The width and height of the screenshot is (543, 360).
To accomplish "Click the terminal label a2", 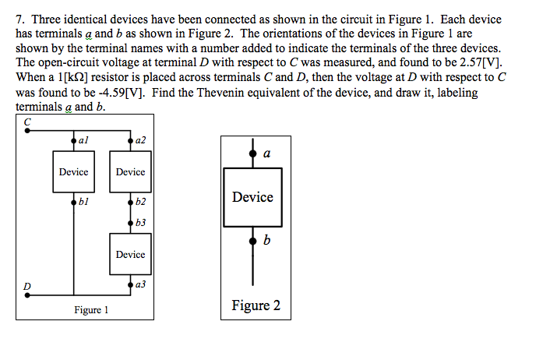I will coord(140,140).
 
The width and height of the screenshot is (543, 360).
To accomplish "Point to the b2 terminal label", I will coord(140,202).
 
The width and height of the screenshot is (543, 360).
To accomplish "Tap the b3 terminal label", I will coord(140,223).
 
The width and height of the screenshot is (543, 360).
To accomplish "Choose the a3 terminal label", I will coord(140,285).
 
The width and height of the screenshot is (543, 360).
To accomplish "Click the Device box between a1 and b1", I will coord(74,171).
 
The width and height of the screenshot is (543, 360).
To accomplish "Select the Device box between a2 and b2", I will coord(130,171).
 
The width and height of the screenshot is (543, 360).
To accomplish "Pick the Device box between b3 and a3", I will coord(130,255).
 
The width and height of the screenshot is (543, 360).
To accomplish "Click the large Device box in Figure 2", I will coord(252,197).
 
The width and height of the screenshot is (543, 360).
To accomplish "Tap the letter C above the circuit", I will coord(26,122).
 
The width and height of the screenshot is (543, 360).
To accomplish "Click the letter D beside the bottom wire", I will coord(26,286).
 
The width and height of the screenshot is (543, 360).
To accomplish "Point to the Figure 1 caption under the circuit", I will coord(91,310).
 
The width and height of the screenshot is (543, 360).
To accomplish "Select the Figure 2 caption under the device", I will coord(256,305).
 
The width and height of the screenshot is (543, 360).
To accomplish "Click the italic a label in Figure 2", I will coord(267,154).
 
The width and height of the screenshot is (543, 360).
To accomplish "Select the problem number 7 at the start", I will coord(20,19).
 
